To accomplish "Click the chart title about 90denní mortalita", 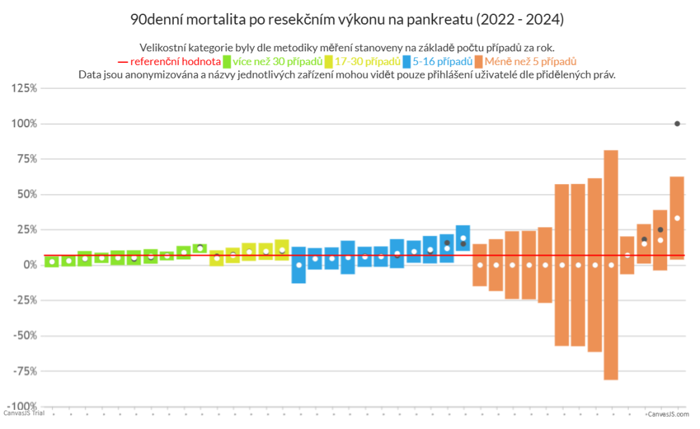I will click(347, 19).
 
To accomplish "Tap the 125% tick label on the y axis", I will click(25, 88).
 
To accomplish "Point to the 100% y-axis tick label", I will click(25, 124).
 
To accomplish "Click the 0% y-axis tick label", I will click(30, 265).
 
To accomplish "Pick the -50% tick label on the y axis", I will click(25, 335).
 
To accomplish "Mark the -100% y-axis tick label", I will click(23, 406).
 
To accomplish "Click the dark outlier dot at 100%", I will click(677, 124).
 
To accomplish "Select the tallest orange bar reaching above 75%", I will click(611, 265).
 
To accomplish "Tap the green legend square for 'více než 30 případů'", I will click(227, 61).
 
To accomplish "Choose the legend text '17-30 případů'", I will click(367, 61).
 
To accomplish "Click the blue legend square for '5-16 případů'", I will click(407, 61).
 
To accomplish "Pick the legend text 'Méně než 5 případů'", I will click(530, 61).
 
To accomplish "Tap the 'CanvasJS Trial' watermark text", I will click(24, 413).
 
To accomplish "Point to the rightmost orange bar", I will click(677, 218).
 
